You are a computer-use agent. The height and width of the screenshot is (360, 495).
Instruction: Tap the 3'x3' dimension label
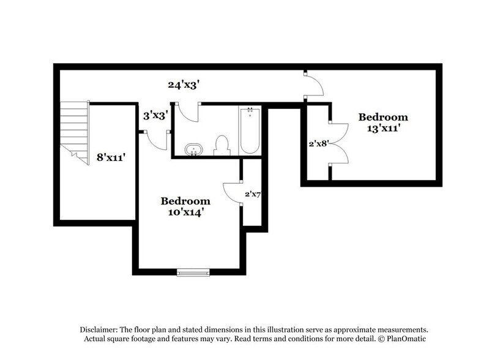click(156, 114)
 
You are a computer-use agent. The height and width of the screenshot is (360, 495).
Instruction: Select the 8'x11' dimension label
click(111, 157)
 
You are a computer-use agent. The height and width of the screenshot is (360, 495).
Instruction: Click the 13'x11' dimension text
click(382, 130)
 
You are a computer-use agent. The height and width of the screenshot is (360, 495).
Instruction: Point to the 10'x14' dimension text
click(185, 212)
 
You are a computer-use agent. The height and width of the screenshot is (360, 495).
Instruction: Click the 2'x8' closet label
click(318, 144)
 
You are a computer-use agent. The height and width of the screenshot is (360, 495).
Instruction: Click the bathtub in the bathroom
click(250, 130)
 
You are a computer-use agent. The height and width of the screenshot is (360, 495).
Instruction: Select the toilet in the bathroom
click(221, 145)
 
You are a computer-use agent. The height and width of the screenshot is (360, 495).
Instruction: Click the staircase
click(75, 131)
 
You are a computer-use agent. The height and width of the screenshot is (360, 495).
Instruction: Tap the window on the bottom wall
click(193, 272)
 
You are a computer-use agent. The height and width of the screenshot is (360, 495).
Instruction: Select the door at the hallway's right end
click(313, 86)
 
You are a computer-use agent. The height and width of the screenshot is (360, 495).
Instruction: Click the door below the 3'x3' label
click(156, 140)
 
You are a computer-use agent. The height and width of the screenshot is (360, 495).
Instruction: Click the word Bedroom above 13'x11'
click(382, 117)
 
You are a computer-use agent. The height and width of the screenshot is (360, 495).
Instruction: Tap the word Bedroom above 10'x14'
click(185, 201)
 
